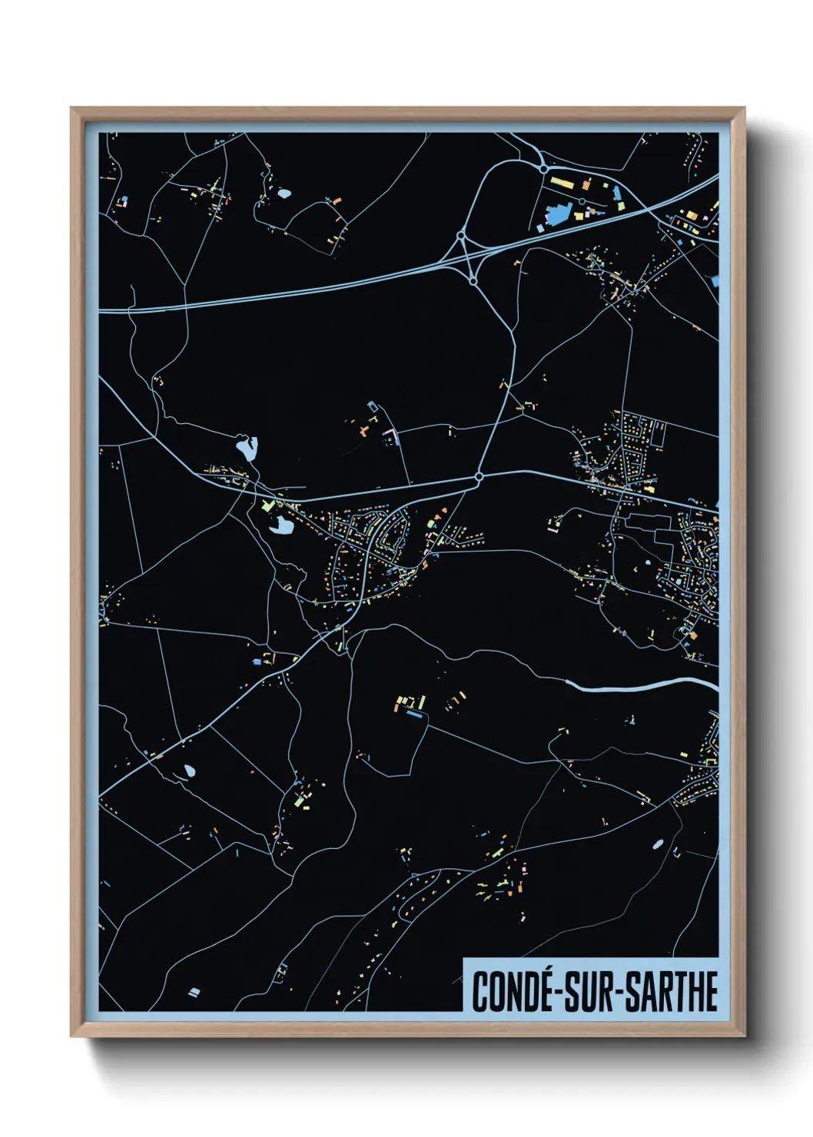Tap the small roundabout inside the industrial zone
[582, 201]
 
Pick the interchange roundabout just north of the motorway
[462, 235]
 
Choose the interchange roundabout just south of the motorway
[473, 282]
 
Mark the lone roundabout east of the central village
[479, 477]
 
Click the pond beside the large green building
[281, 526]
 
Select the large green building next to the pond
[267, 506]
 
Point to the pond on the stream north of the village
[247, 447]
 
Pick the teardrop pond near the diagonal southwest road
[189, 770]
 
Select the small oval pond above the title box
[658, 844]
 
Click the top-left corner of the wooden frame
[72, 109]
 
